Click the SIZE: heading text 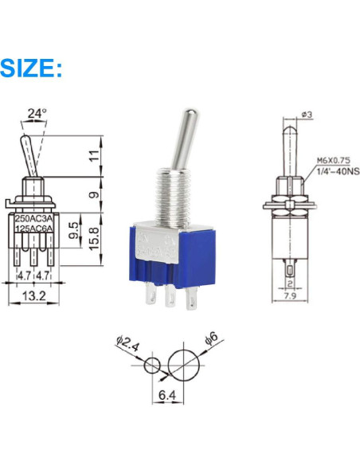pyautogui.click(x=32, y=67)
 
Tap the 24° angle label pyautogui.click(x=37, y=115)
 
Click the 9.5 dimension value pyautogui.click(x=73, y=232)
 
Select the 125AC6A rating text pyautogui.click(x=33, y=229)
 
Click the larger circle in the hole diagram pyautogui.click(x=183, y=365)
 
